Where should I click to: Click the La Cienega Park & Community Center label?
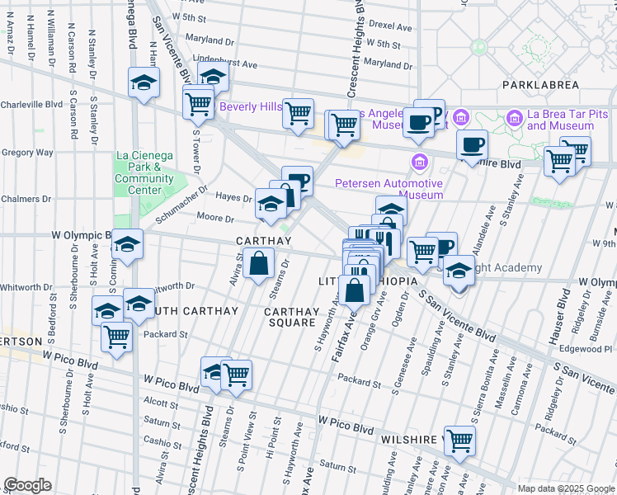point(144,172)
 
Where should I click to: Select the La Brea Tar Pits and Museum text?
point(560,120)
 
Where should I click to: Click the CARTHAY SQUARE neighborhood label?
point(290,317)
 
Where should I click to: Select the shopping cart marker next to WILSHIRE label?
point(459,440)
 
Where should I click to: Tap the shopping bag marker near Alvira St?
point(258,264)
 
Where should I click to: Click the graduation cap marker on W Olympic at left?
point(127,244)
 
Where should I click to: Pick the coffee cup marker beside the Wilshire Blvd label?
point(473,145)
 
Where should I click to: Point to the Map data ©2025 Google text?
point(565,488)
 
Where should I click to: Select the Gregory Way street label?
point(27,153)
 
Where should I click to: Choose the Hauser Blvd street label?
point(564,317)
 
